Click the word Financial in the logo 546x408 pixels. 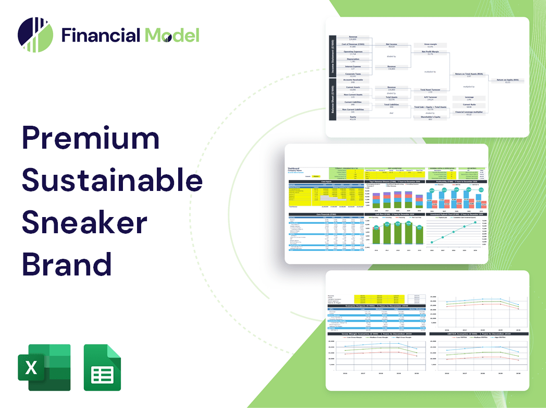100,35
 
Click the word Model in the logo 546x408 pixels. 172,35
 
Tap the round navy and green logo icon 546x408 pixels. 35,35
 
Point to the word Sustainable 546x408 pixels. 112,180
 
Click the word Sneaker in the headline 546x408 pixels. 84,221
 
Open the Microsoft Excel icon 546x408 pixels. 44,367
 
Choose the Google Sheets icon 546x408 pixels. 102,367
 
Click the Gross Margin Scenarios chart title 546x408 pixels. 370,333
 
